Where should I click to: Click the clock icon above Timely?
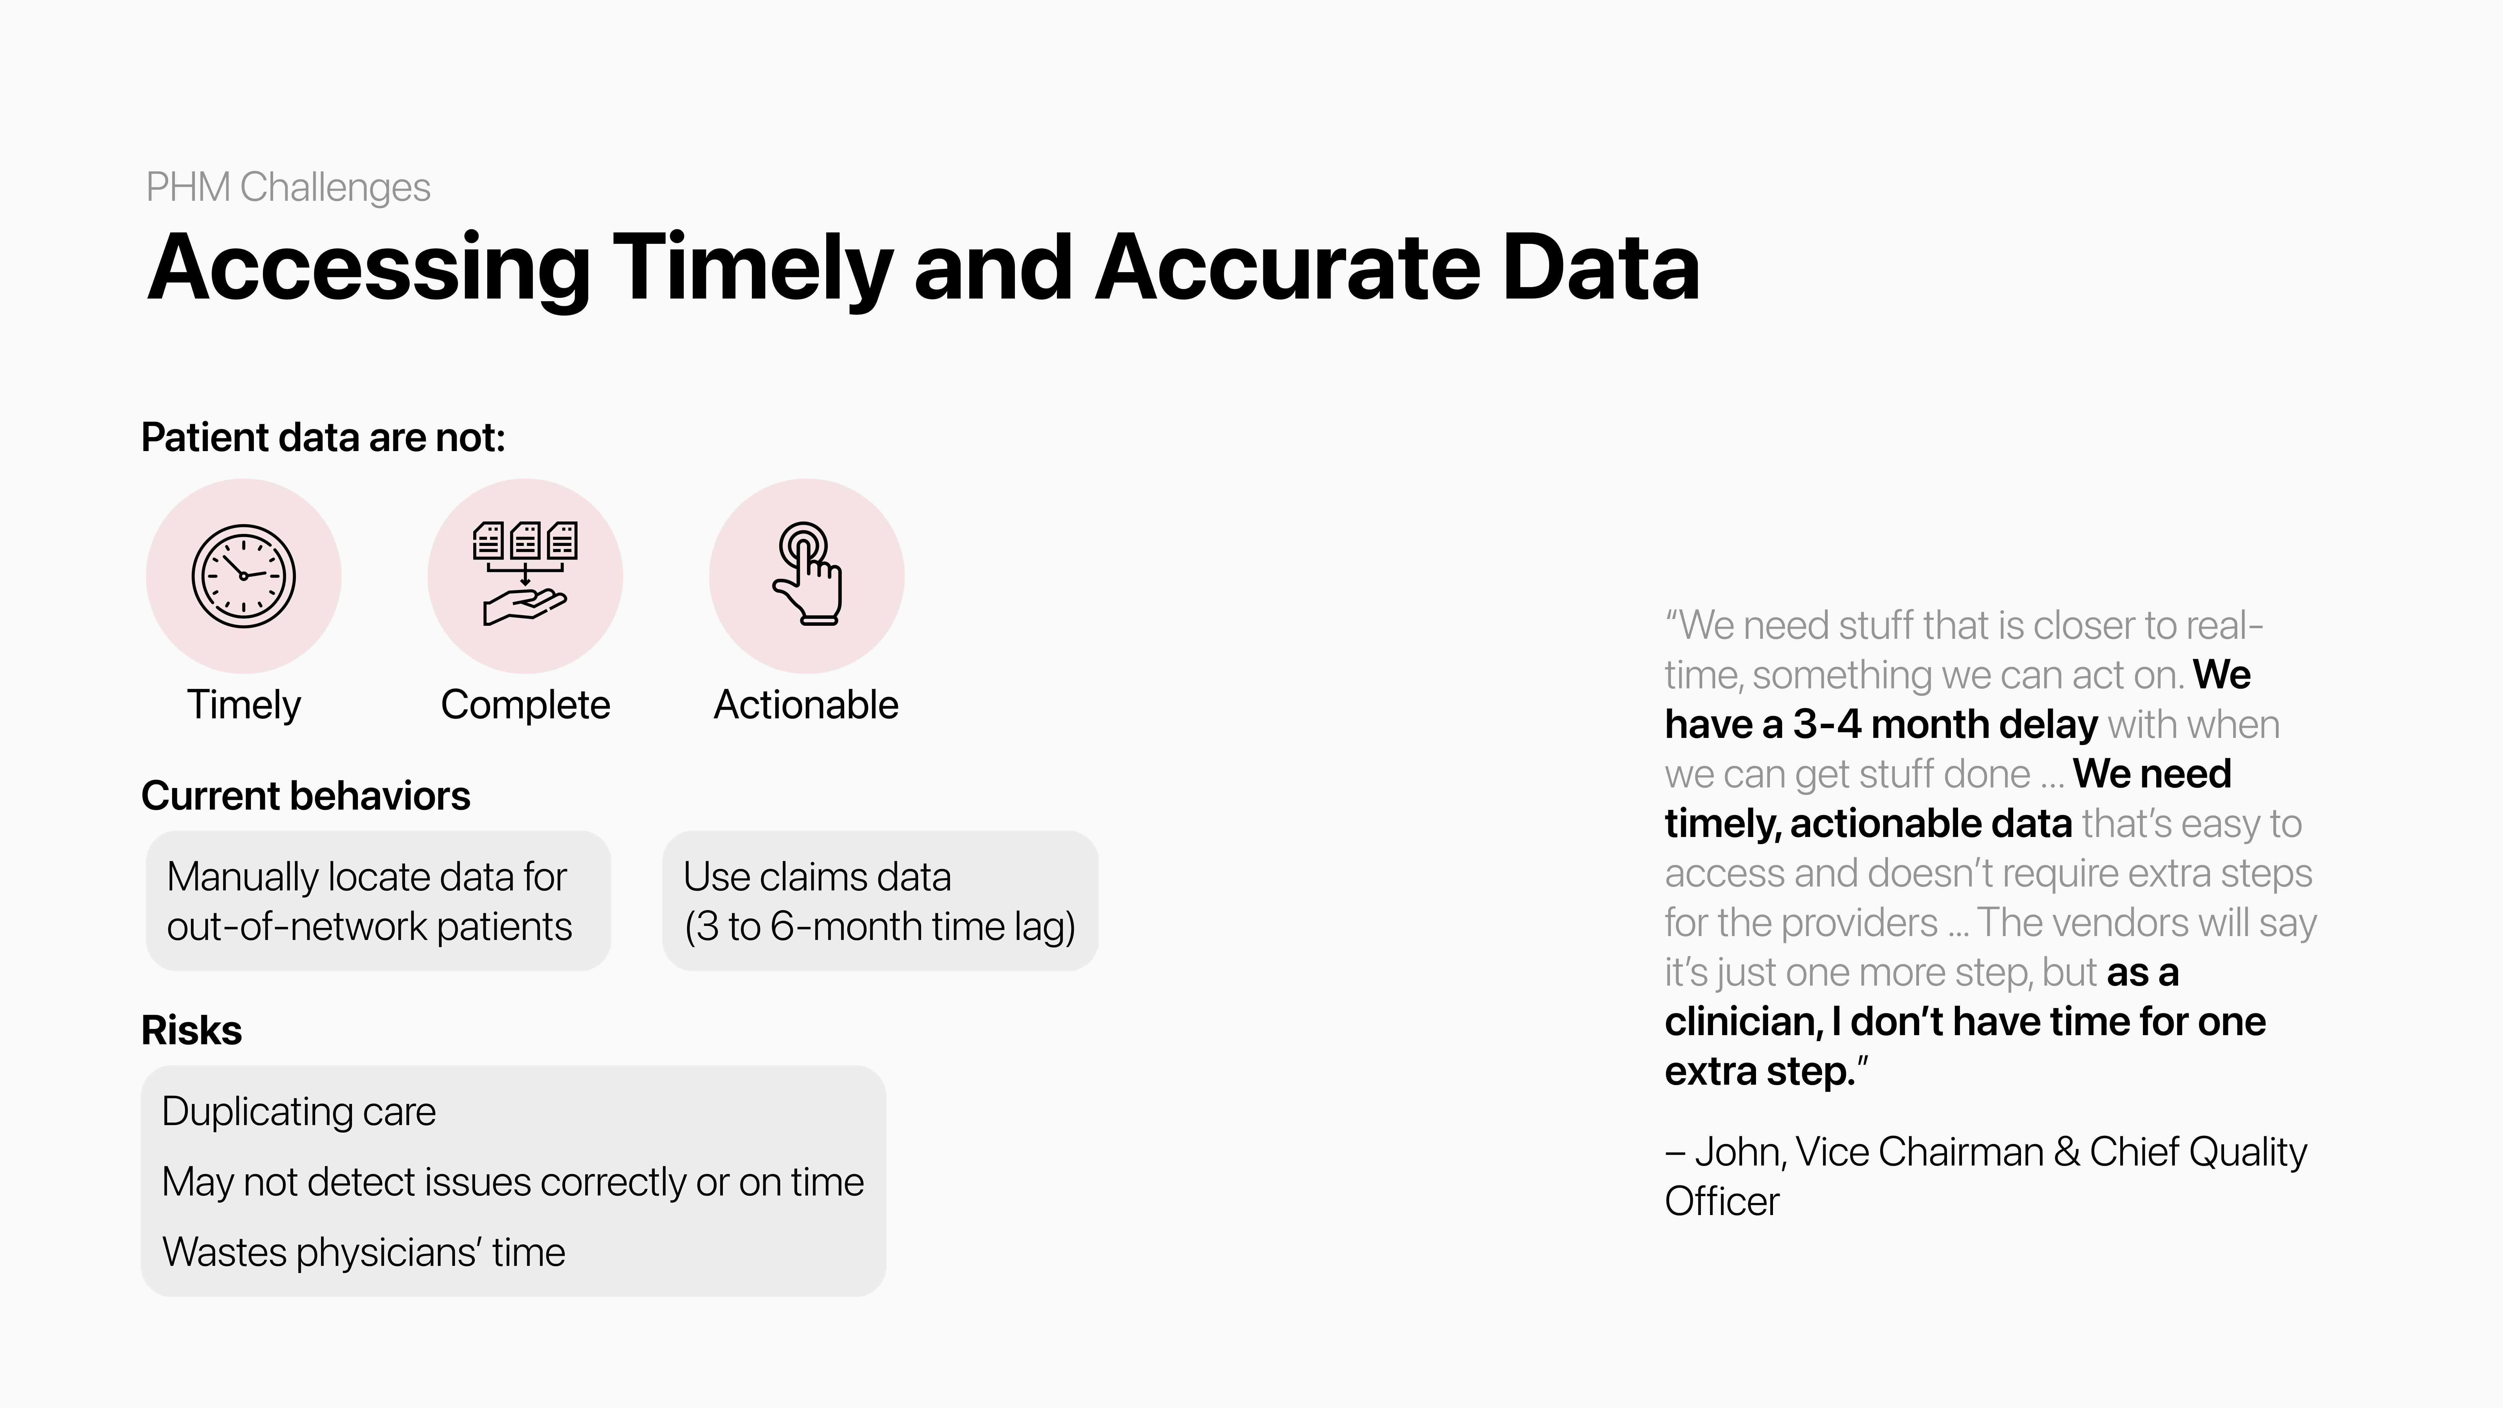point(243,576)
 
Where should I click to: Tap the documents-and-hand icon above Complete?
point(525,573)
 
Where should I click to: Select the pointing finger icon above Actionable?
point(807,573)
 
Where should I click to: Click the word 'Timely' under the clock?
point(244,704)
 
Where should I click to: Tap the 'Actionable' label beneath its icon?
point(807,704)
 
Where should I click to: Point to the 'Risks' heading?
point(191,1030)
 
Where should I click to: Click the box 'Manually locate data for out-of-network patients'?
point(378,901)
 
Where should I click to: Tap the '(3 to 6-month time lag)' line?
point(879,926)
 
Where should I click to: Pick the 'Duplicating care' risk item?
point(298,1111)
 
